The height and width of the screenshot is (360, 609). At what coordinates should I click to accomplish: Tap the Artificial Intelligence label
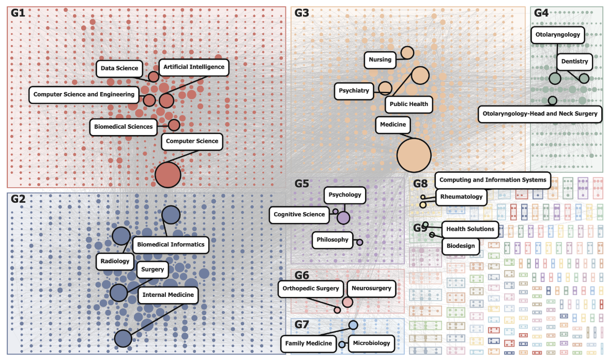pyautogui.click(x=194, y=67)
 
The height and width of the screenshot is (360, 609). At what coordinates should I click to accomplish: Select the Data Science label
pyautogui.click(x=119, y=68)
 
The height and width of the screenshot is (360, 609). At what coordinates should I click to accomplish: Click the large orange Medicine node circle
pyautogui.click(x=414, y=155)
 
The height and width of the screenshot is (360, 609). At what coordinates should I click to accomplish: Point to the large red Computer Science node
pyautogui.click(x=168, y=174)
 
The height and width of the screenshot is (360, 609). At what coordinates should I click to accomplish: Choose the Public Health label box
pyautogui.click(x=409, y=104)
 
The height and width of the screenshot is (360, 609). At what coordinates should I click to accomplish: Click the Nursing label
pyautogui.click(x=380, y=60)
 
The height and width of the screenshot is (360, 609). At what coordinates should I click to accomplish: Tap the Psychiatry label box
pyautogui.click(x=354, y=91)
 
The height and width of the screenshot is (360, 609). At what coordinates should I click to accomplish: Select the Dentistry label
pyautogui.click(x=574, y=62)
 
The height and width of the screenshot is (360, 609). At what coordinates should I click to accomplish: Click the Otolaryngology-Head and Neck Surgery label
pyautogui.click(x=540, y=114)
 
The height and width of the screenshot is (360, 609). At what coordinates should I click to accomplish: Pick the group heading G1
pyautogui.click(x=18, y=13)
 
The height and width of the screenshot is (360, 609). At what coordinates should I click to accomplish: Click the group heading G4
pyautogui.click(x=541, y=13)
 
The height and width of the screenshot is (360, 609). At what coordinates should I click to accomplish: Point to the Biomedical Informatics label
pyautogui.click(x=171, y=245)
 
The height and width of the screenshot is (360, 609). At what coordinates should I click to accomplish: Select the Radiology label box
pyautogui.click(x=115, y=261)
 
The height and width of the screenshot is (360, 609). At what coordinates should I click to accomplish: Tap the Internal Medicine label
pyautogui.click(x=169, y=295)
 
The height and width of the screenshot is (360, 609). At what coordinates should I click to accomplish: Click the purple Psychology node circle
pyautogui.click(x=343, y=218)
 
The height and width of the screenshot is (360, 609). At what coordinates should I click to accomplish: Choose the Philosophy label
pyautogui.click(x=333, y=240)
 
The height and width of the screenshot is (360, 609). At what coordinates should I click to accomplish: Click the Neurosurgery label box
pyautogui.click(x=371, y=289)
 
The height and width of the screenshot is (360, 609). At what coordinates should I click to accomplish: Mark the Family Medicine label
pyautogui.click(x=309, y=343)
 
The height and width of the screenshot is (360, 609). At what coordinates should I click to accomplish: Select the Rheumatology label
pyautogui.click(x=461, y=197)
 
